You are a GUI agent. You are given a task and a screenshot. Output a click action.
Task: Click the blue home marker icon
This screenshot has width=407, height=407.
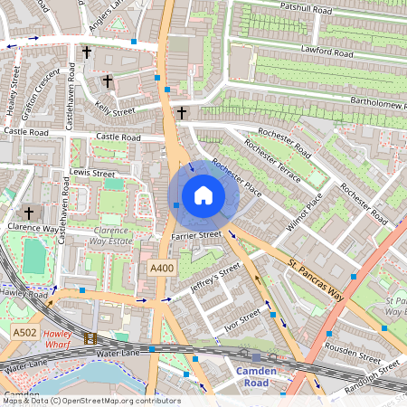[x=203, y=195]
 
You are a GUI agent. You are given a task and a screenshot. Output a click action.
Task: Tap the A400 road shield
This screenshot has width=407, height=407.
[x=161, y=269]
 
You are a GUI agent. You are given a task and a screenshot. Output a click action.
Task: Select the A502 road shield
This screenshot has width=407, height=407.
[x=25, y=334]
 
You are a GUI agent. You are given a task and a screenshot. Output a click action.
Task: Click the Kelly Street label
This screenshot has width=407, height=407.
[x=115, y=109]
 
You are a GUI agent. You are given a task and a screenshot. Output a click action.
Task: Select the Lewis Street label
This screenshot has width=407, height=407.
[x=92, y=172]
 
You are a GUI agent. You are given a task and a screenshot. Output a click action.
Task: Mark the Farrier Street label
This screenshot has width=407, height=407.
[x=196, y=235]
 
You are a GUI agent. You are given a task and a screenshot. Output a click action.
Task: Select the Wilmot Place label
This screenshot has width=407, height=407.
[x=304, y=213]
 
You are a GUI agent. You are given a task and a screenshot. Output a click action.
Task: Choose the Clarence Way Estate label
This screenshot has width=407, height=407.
[x=113, y=236]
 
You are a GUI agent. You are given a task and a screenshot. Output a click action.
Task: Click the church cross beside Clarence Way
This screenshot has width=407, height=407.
[x=28, y=213]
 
